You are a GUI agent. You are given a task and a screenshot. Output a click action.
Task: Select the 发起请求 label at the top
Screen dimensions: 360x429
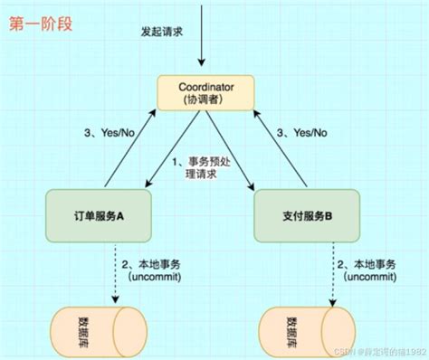click(x=162, y=31)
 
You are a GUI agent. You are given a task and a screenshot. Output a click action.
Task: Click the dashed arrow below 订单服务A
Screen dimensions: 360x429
click(x=116, y=271)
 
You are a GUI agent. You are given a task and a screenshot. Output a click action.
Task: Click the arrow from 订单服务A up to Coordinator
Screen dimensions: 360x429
click(x=127, y=145)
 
